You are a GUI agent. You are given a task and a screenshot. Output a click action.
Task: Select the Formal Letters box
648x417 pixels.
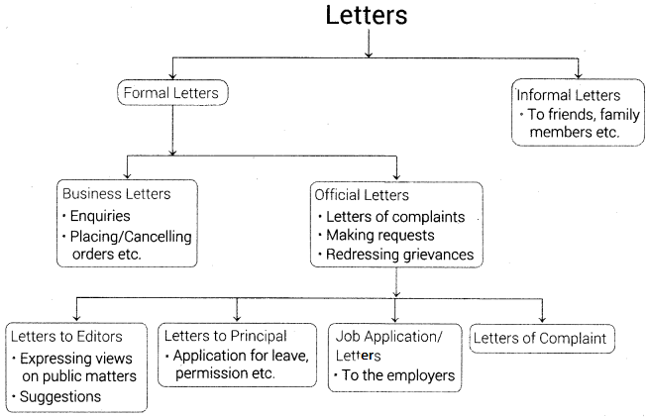pyautogui.click(x=173, y=94)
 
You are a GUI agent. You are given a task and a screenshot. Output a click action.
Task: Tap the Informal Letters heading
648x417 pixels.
pyautogui.click(x=568, y=96)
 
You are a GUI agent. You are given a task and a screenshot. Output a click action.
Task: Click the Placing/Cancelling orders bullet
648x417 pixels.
pyautogui.click(x=129, y=246)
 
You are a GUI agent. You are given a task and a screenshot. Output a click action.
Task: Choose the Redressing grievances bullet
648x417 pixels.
pyautogui.click(x=397, y=256)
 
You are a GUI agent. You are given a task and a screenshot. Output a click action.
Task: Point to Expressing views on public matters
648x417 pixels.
pyautogui.click(x=79, y=365)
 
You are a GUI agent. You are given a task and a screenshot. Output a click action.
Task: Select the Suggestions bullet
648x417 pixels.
pyautogui.click(x=61, y=396)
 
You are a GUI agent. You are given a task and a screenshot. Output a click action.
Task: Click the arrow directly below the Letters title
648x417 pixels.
pyautogui.click(x=368, y=46)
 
